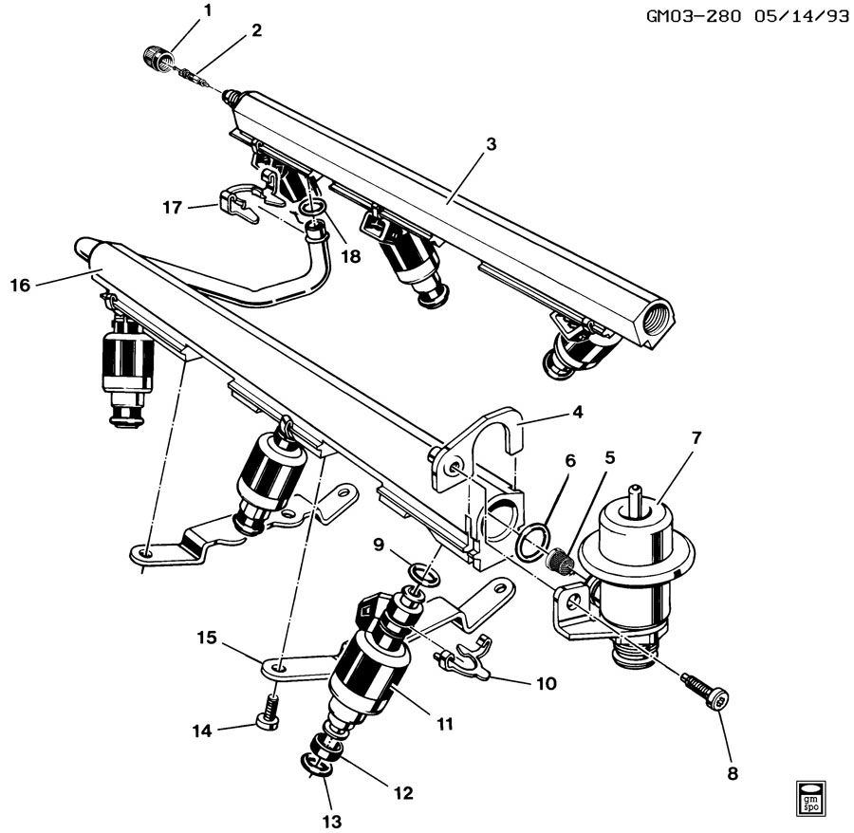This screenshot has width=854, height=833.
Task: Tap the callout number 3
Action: pyautogui.click(x=492, y=145)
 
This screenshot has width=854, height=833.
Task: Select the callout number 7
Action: pyautogui.click(x=696, y=437)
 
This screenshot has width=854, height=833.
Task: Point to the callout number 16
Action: pyautogui.click(x=21, y=285)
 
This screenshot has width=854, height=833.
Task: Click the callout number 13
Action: pyautogui.click(x=332, y=821)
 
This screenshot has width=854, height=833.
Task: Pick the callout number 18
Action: pyautogui.click(x=351, y=255)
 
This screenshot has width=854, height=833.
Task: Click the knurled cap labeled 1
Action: pyautogui.click(x=157, y=56)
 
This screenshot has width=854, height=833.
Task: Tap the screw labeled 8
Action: pyautogui.click(x=705, y=691)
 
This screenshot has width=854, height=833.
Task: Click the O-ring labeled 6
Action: pyautogui.click(x=531, y=545)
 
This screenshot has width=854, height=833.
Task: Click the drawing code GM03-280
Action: pyautogui.click(x=694, y=16)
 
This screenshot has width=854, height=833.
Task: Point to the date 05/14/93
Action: pyautogui.click(x=802, y=16)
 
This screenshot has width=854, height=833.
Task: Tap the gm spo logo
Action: pyautogui.click(x=810, y=798)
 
